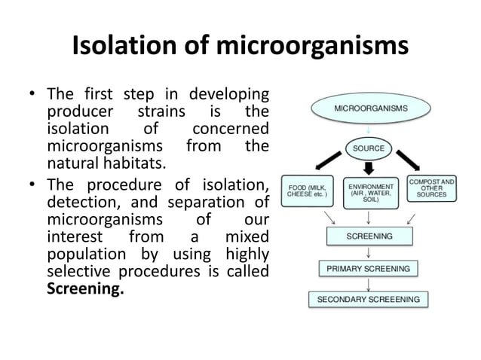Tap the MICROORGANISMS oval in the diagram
(x=368, y=109)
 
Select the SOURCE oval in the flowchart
(x=368, y=148)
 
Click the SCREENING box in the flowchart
(x=368, y=236)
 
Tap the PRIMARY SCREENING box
(x=368, y=267)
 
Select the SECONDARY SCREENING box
(x=368, y=299)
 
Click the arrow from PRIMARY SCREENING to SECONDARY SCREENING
(x=368, y=283)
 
